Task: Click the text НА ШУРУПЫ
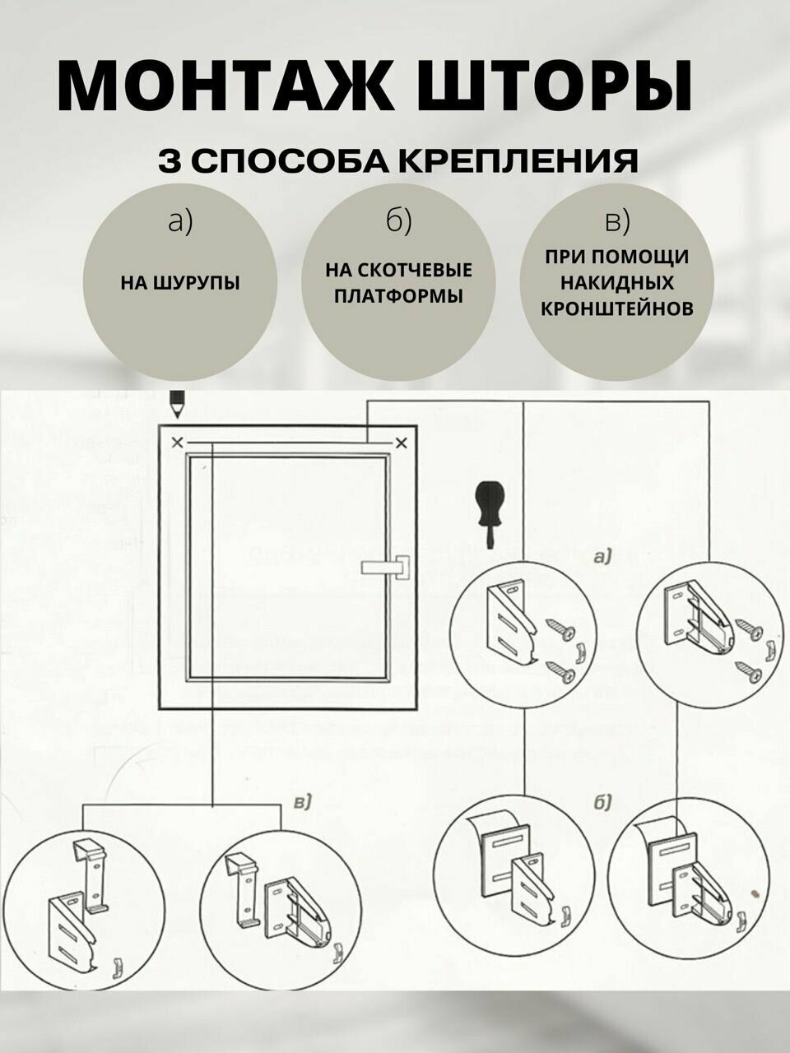click(x=180, y=283)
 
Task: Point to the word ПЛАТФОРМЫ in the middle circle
click(x=398, y=295)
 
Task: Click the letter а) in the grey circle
click(x=179, y=221)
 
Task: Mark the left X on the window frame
click(x=177, y=443)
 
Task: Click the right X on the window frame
click(x=402, y=443)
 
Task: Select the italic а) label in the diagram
click(x=602, y=557)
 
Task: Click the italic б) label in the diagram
click(x=601, y=803)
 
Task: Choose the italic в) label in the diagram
click(x=300, y=801)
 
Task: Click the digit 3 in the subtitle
click(x=171, y=160)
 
